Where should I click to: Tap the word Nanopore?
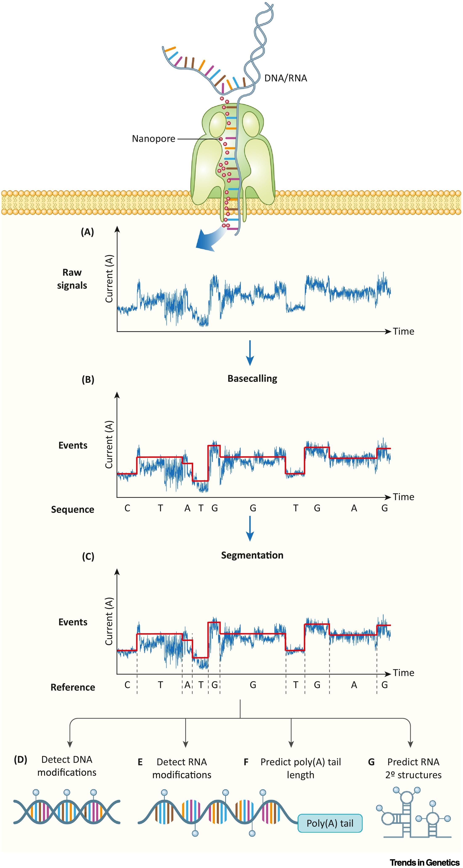click(153, 139)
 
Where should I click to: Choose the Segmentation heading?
click(252, 555)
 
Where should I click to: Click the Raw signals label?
click(72, 279)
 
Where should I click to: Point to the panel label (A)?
click(87, 232)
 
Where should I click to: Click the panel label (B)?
click(88, 380)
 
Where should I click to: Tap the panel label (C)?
click(88, 556)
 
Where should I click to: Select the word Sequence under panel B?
click(72, 509)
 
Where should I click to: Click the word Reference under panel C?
click(73, 687)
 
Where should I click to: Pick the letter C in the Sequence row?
click(127, 508)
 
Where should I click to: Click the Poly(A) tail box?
click(330, 823)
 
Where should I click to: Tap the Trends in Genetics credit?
click(425, 862)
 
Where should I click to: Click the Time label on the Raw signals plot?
click(403, 332)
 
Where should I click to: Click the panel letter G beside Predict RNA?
click(371, 762)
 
